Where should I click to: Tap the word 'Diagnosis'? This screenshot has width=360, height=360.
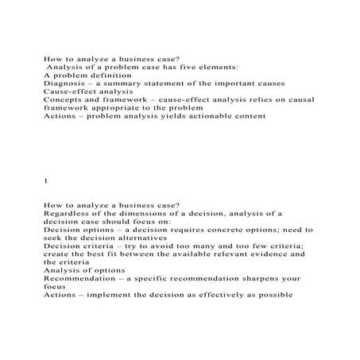click(65, 83)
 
